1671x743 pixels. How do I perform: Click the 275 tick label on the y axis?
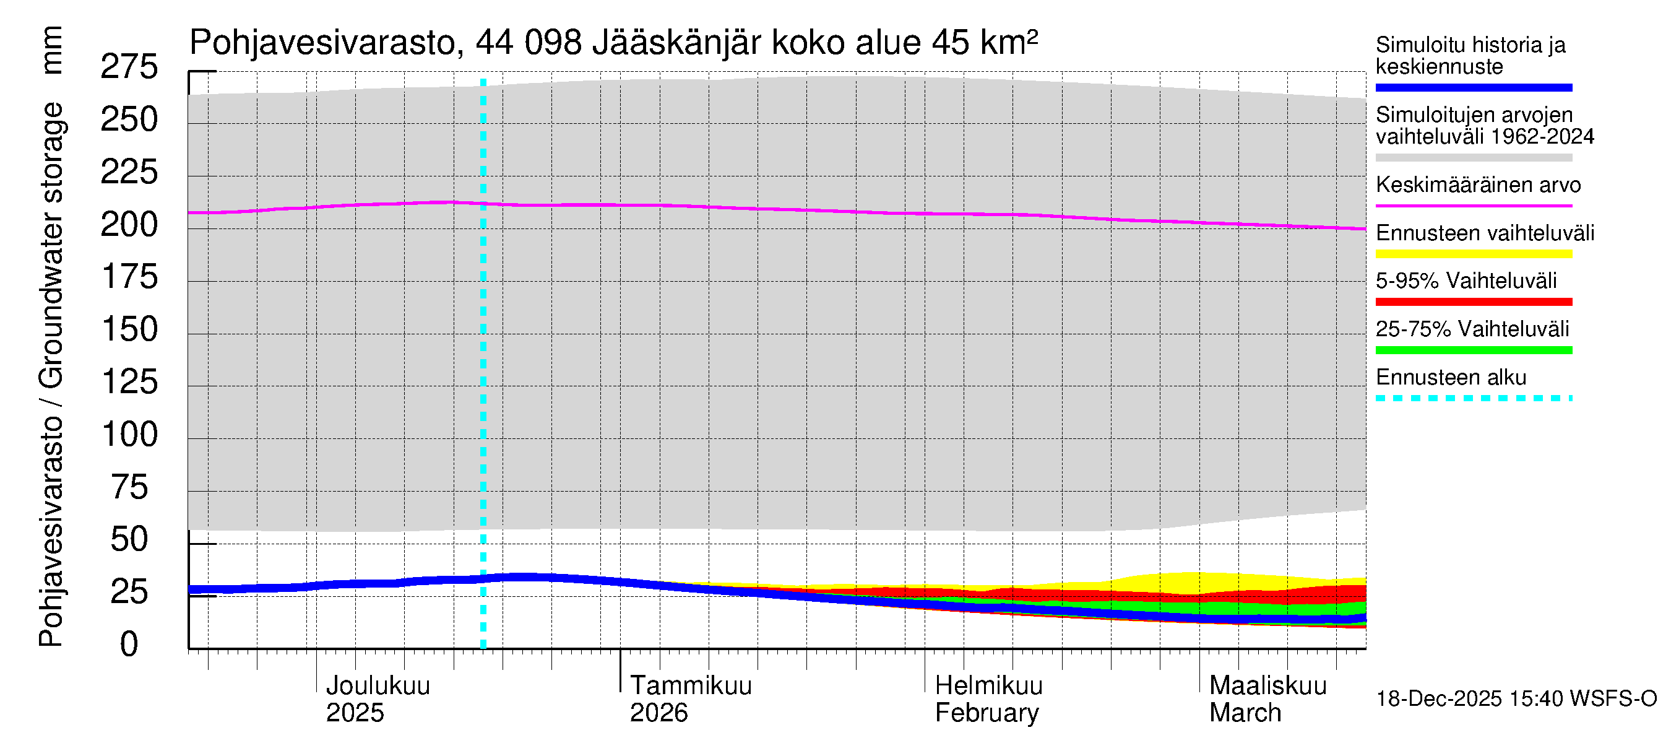click(x=129, y=67)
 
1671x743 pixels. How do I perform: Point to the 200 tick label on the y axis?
click(x=129, y=225)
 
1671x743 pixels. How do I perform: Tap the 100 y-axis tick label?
click(x=129, y=434)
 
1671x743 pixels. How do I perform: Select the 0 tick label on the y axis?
click(x=129, y=645)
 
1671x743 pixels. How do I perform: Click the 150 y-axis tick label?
click(x=129, y=329)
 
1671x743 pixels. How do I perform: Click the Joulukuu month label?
click(x=378, y=685)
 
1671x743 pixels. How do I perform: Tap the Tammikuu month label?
click(x=690, y=685)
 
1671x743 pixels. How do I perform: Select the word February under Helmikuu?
click(x=986, y=713)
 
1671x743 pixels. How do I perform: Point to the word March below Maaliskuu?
click(x=1245, y=713)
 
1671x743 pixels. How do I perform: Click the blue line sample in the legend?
click(x=1473, y=87)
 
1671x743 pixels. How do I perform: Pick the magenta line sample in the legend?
click(x=1473, y=206)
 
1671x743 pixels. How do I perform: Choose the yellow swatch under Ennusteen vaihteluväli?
click(x=1473, y=254)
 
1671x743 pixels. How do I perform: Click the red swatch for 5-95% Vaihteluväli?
click(x=1473, y=302)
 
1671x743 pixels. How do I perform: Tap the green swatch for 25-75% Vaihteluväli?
click(x=1473, y=350)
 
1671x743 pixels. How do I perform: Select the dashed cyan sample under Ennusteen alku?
click(x=1473, y=398)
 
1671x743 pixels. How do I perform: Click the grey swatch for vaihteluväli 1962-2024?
click(x=1473, y=158)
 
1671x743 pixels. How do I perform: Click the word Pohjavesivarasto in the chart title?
click(x=322, y=43)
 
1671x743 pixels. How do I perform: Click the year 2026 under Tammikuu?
click(x=658, y=713)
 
